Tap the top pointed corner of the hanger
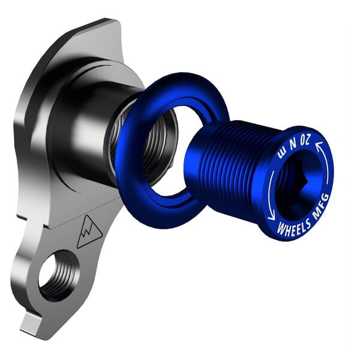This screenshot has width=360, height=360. click(x=111, y=22)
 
